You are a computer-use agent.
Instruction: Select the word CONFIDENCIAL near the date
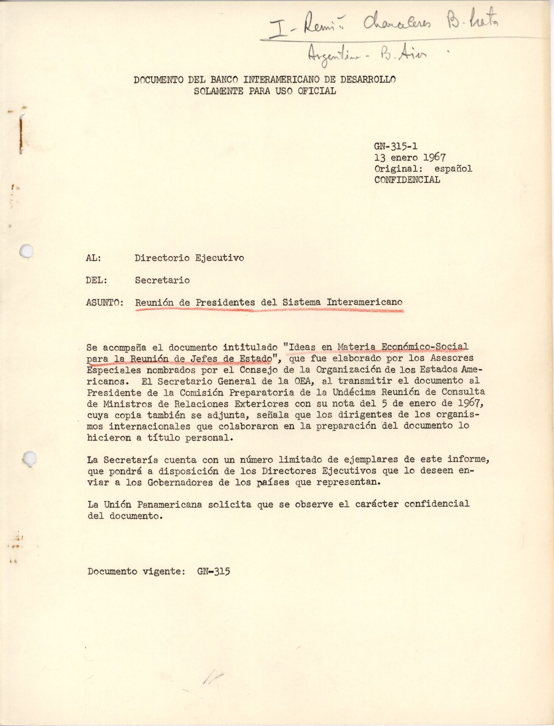tap(407, 180)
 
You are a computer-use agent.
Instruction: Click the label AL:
tap(93, 258)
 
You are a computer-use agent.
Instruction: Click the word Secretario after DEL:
tap(162, 280)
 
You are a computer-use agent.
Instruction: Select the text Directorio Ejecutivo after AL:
tap(189, 258)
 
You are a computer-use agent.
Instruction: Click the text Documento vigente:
tap(136, 571)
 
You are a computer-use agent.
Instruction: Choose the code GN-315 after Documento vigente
tap(213, 571)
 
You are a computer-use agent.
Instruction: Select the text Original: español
tap(423, 169)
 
